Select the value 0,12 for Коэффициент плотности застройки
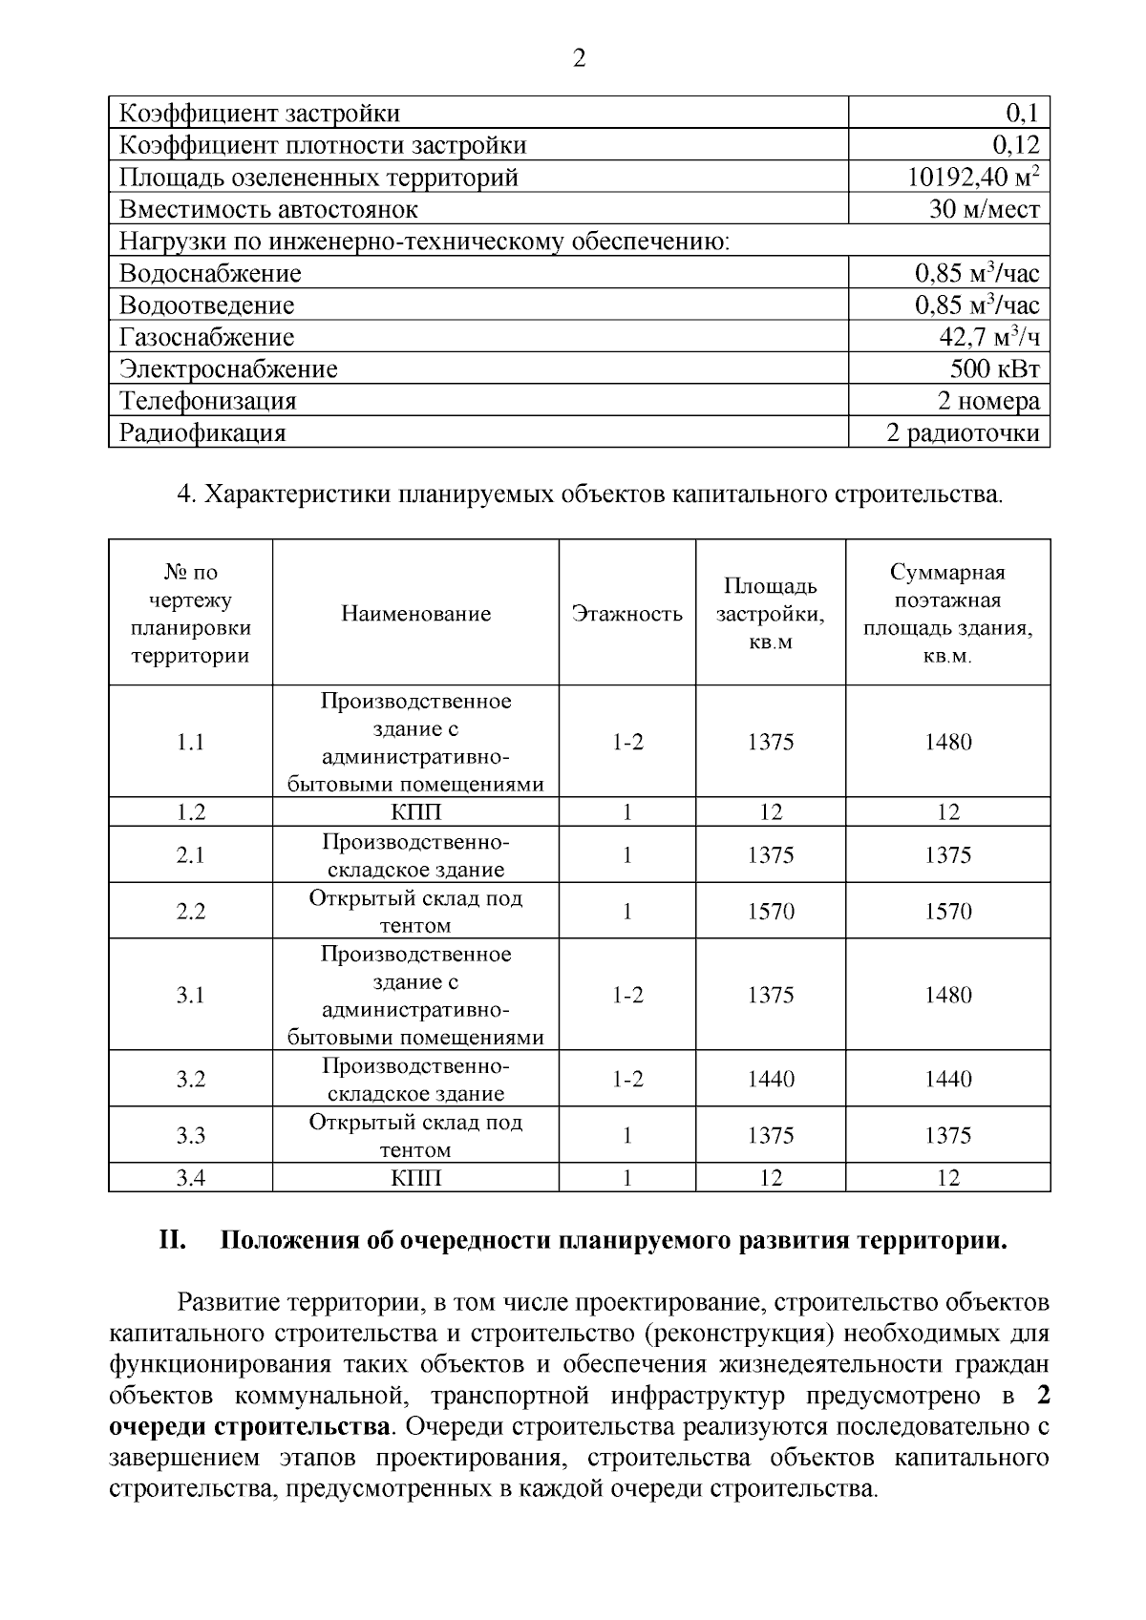click(1014, 145)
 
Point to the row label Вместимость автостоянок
click(268, 209)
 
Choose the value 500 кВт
click(994, 369)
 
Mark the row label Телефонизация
click(207, 401)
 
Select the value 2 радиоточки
click(962, 433)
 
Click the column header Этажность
click(626, 614)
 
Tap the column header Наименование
click(415, 614)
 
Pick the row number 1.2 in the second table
click(191, 812)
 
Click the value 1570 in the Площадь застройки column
click(770, 912)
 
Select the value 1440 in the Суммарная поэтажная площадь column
click(947, 1080)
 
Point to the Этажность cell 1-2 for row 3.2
click(626, 1080)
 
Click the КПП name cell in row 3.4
click(415, 1178)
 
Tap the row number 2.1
click(191, 855)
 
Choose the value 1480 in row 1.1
click(947, 742)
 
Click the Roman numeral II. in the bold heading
click(171, 1241)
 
